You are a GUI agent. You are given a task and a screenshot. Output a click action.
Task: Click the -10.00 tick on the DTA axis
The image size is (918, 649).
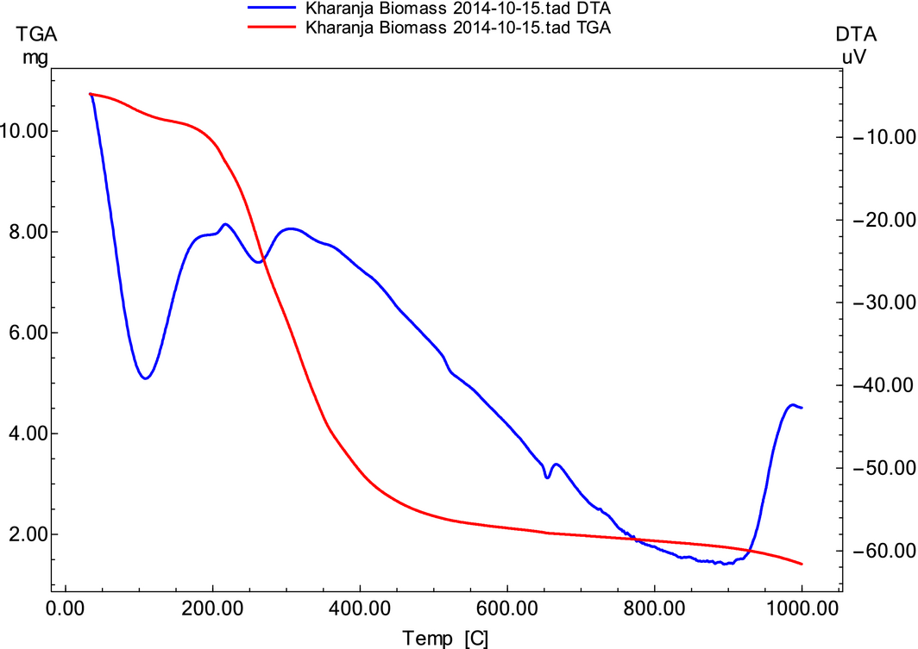coord(882,137)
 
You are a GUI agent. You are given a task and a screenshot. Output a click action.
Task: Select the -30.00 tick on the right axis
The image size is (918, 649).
coord(882,303)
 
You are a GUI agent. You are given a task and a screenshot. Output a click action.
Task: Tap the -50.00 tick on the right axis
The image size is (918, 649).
coord(882,468)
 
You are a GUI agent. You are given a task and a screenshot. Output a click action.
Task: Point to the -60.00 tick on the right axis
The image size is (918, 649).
coord(882,551)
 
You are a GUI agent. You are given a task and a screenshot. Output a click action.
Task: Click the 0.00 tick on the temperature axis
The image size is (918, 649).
coord(66,608)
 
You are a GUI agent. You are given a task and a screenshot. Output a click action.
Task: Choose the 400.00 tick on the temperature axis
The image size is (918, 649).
coord(360,608)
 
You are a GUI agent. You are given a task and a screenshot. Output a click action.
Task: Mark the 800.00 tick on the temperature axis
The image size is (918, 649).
coord(654,608)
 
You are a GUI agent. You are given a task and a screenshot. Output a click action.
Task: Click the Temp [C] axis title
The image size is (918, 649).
coord(446,639)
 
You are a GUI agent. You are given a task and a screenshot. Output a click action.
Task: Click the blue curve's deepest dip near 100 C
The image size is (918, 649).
coord(145,378)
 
